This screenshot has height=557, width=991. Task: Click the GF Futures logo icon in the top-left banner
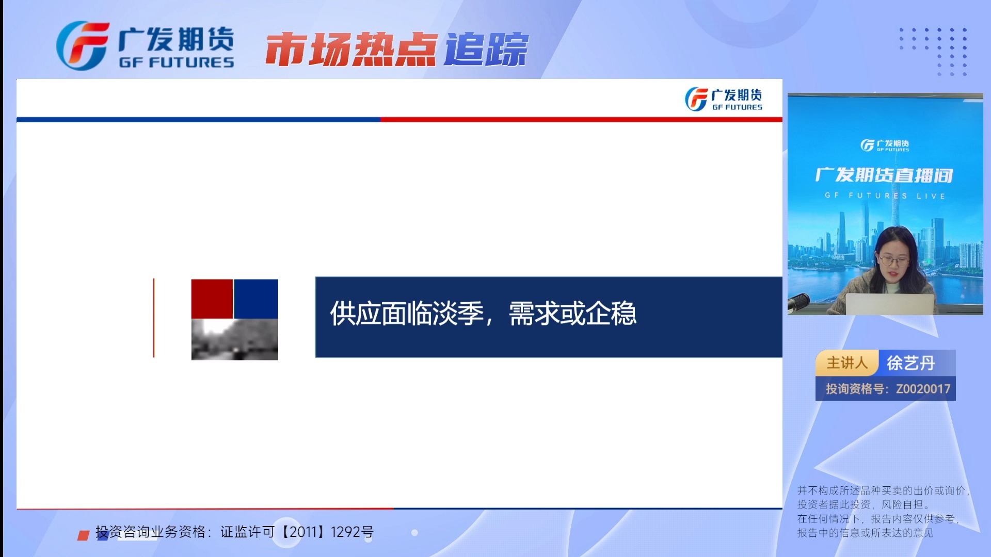(83, 45)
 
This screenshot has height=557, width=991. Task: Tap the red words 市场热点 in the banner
(351, 50)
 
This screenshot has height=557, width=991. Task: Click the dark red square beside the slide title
(212, 299)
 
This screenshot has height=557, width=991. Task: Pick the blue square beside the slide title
(256, 299)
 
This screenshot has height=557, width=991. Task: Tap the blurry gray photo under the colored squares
(234, 339)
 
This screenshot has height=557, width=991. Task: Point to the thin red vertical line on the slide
(154, 318)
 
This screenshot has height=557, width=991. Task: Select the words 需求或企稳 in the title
(572, 314)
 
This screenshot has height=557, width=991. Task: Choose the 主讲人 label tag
(846, 363)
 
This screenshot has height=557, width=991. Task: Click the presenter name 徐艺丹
(911, 363)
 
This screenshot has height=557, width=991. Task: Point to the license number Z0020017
(923, 389)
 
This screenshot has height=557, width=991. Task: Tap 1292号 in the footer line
(352, 532)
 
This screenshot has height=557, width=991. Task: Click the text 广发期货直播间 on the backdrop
(884, 175)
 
